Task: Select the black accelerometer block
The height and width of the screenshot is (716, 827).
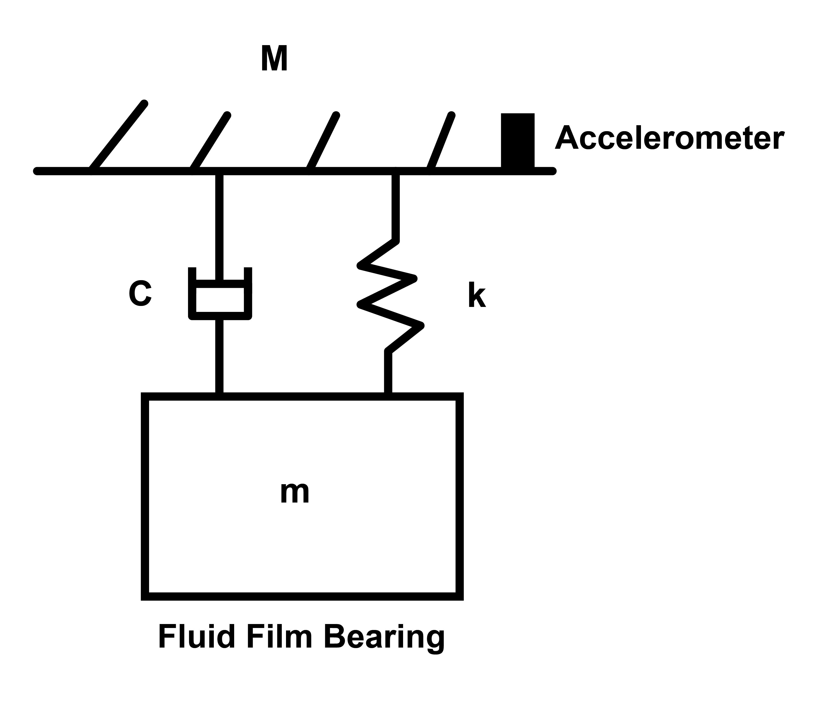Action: point(518,140)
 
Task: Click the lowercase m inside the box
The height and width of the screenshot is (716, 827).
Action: point(295,493)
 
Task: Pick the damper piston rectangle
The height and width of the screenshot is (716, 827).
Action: point(220,300)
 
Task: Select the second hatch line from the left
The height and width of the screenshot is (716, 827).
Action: point(210,143)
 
